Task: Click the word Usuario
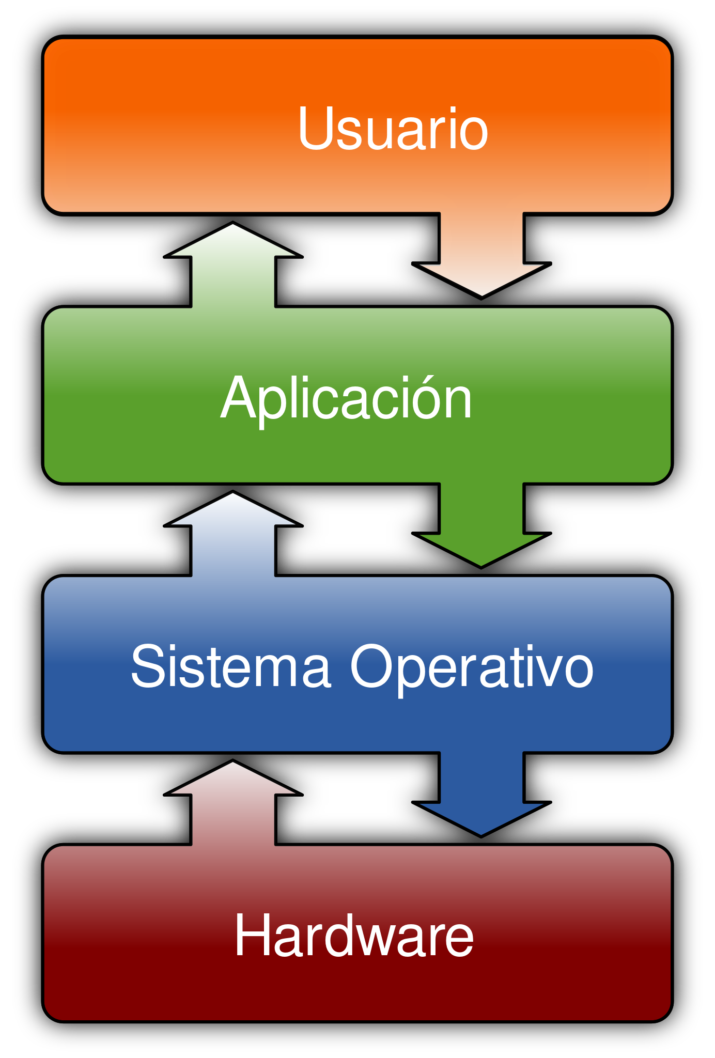pos(393,129)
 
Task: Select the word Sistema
pos(230,667)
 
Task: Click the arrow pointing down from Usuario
pos(481,253)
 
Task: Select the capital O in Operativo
pos(373,666)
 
